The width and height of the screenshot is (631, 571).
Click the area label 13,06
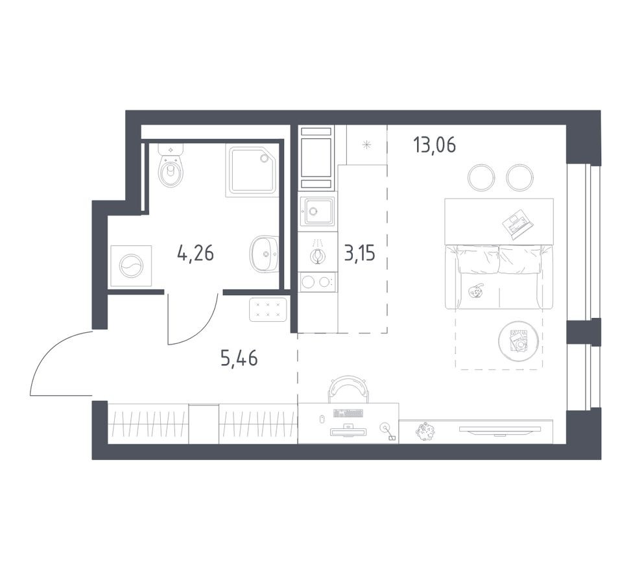[x=434, y=145]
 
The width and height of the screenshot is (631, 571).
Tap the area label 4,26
[x=195, y=252]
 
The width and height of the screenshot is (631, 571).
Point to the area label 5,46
[x=239, y=358]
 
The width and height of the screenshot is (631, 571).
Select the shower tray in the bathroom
[x=251, y=170]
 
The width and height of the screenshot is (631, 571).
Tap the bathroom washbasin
[x=264, y=254]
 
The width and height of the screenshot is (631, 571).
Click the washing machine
[x=131, y=266]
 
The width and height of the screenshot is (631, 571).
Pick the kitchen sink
[x=318, y=212]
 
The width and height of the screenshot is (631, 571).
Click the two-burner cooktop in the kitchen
[x=318, y=282]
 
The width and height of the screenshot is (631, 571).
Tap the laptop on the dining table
[x=518, y=224]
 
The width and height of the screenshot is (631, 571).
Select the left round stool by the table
[x=481, y=177]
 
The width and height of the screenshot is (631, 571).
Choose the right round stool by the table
[x=519, y=177]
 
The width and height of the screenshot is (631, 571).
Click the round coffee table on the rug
[x=519, y=339]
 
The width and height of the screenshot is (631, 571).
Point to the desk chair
[x=348, y=389]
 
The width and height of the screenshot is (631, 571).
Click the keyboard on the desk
[x=348, y=413]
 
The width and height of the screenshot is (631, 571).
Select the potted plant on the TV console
[x=427, y=431]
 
